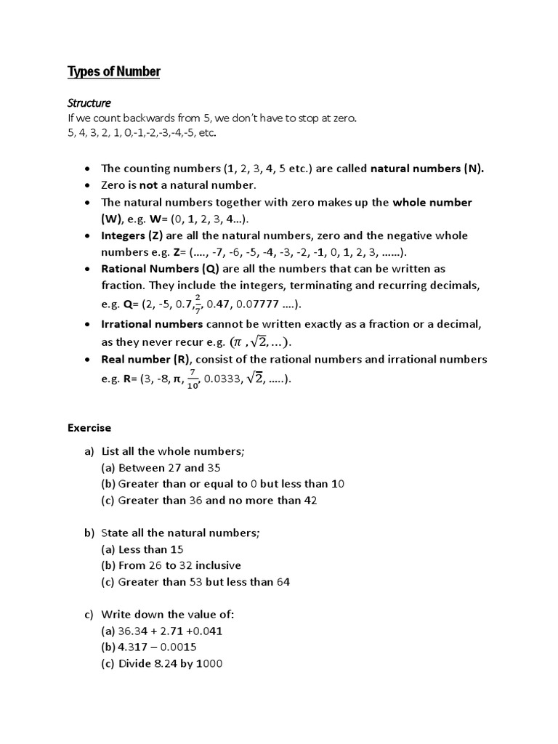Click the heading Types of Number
click(114, 71)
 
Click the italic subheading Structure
click(89, 103)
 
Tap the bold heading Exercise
click(89, 428)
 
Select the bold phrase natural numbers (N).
click(427, 169)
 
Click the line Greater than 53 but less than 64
click(196, 581)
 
